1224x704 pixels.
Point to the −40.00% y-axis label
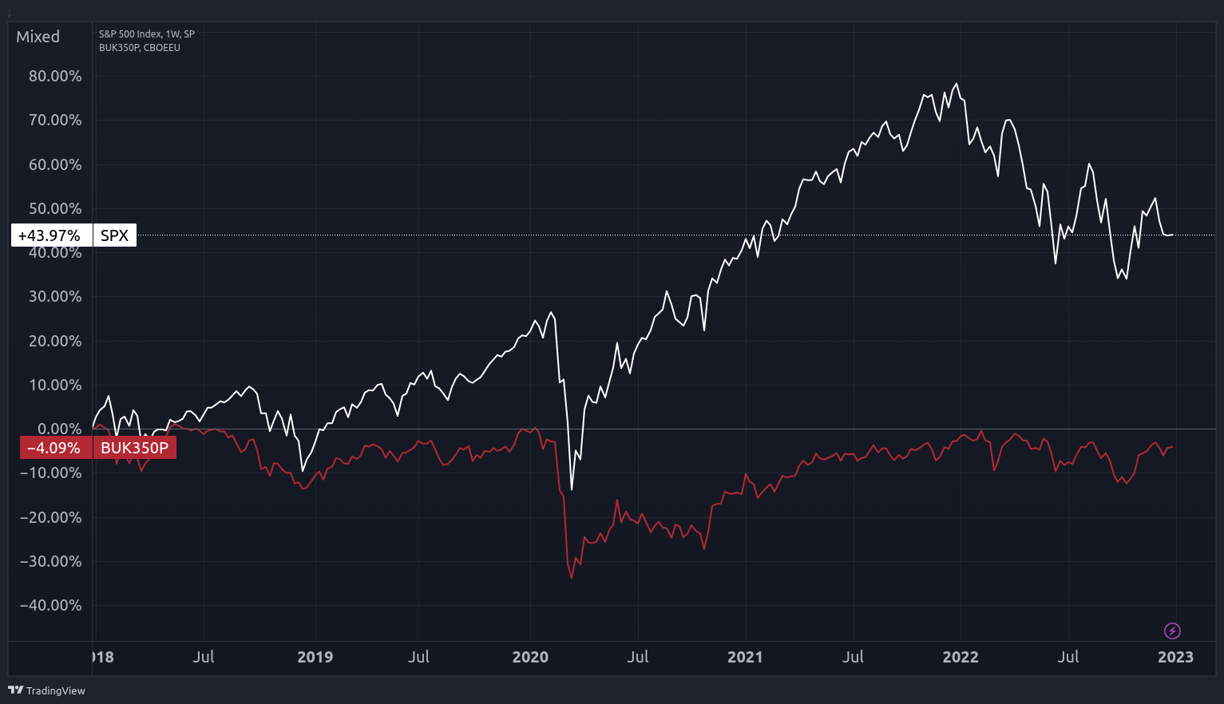[50, 605]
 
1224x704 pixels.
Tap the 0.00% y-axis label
[59, 429]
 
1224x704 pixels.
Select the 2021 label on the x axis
[745, 657]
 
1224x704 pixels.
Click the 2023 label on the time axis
[1175, 657]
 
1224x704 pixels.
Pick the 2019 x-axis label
[315, 657]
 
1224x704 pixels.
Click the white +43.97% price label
[50, 235]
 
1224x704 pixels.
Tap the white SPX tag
[114, 235]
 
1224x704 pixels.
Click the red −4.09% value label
[54, 448]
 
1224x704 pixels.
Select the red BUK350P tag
[134, 448]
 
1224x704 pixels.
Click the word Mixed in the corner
[38, 37]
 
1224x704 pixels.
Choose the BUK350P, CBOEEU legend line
[140, 48]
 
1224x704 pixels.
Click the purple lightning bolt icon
[1172, 631]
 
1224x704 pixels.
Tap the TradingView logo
[46, 690]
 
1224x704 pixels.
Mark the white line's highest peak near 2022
[957, 84]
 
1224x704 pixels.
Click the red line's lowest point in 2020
[572, 577]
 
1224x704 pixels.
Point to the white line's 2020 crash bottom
[572, 489]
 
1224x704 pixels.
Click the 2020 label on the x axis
[530, 657]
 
